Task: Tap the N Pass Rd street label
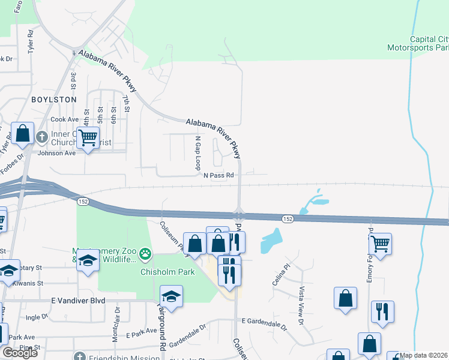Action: pyautogui.click(x=217, y=176)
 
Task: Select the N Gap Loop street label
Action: pyautogui.click(x=197, y=152)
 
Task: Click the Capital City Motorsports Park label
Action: pyautogui.click(x=418, y=43)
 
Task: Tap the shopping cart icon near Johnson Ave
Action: pyautogui.click(x=88, y=138)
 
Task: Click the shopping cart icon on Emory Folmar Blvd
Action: pyautogui.click(x=380, y=244)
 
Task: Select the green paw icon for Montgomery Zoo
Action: pyautogui.click(x=145, y=255)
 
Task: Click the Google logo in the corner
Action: pyautogui.click(x=19, y=353)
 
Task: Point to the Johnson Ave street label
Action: pyautogui.click(x=57, y=153)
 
